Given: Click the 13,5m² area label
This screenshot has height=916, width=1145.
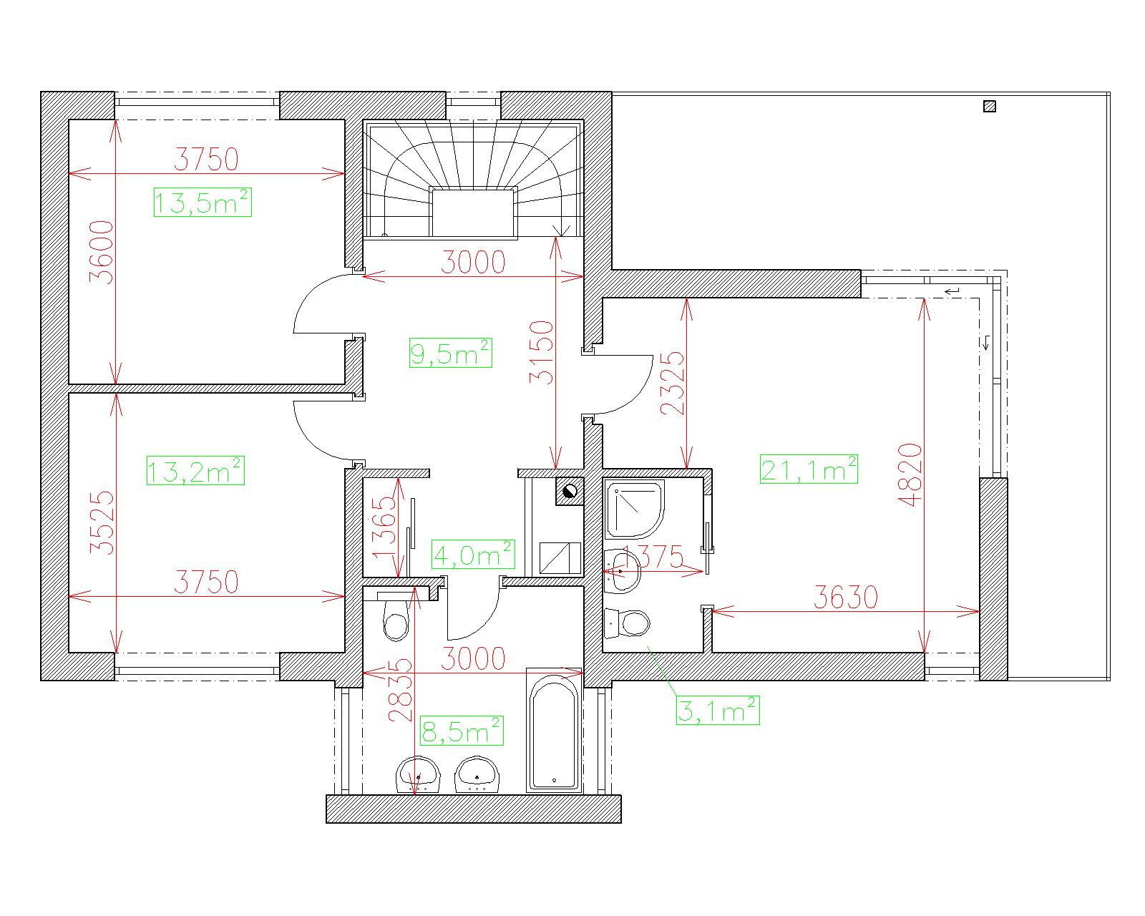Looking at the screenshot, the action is click(203, 203).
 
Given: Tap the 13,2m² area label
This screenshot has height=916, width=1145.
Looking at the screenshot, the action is click(195, 470).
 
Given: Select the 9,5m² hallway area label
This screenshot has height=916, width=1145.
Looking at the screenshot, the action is click(451, 352).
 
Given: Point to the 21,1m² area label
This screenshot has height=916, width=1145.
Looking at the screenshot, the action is click(809, 469).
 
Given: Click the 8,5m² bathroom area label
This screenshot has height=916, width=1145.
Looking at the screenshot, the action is click(462, 731).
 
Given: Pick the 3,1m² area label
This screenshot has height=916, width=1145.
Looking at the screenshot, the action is click(718, 710).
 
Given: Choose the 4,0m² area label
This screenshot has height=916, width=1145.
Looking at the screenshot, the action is click(473, 554).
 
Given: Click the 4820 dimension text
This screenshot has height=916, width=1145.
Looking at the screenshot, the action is click(910, 474).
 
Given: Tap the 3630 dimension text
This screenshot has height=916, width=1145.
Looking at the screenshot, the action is click(845, 597).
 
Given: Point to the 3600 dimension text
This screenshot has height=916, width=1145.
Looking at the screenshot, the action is click(102, 253).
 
